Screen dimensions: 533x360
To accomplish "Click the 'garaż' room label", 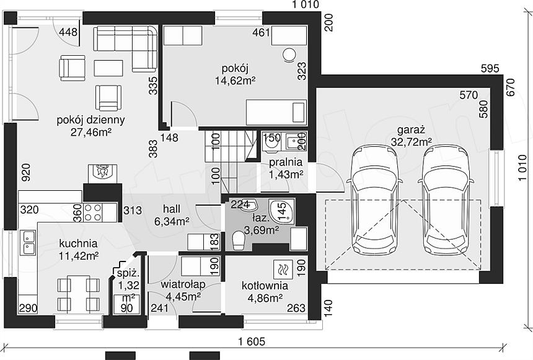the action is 411,130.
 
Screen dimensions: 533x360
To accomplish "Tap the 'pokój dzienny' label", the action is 90,120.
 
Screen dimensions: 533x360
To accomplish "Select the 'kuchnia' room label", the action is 78,244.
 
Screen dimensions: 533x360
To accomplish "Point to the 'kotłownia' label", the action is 265,286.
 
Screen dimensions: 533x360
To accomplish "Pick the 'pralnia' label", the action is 286,162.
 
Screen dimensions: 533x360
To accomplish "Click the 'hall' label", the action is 172,209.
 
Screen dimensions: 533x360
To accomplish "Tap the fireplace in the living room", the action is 102,172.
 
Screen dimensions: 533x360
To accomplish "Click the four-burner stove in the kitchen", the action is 93,213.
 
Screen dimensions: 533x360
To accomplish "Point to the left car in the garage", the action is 374,201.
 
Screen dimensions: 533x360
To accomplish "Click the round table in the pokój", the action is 289,55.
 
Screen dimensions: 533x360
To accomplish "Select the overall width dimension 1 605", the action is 252,341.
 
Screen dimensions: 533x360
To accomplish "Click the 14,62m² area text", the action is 236,81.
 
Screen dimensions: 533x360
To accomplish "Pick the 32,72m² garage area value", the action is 411,142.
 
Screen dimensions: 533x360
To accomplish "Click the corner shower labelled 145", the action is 281,209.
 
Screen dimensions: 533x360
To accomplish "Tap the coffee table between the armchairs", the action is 108,68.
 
